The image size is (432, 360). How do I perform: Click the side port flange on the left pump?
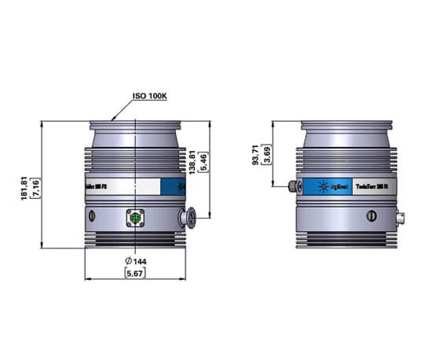(189, 218)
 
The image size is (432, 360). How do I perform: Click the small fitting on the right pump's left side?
(293, 186)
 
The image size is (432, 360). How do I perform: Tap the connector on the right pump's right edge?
(401, 216)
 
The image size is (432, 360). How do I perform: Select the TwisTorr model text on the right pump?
(375, 187)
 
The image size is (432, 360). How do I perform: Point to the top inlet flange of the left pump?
(137, 125)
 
